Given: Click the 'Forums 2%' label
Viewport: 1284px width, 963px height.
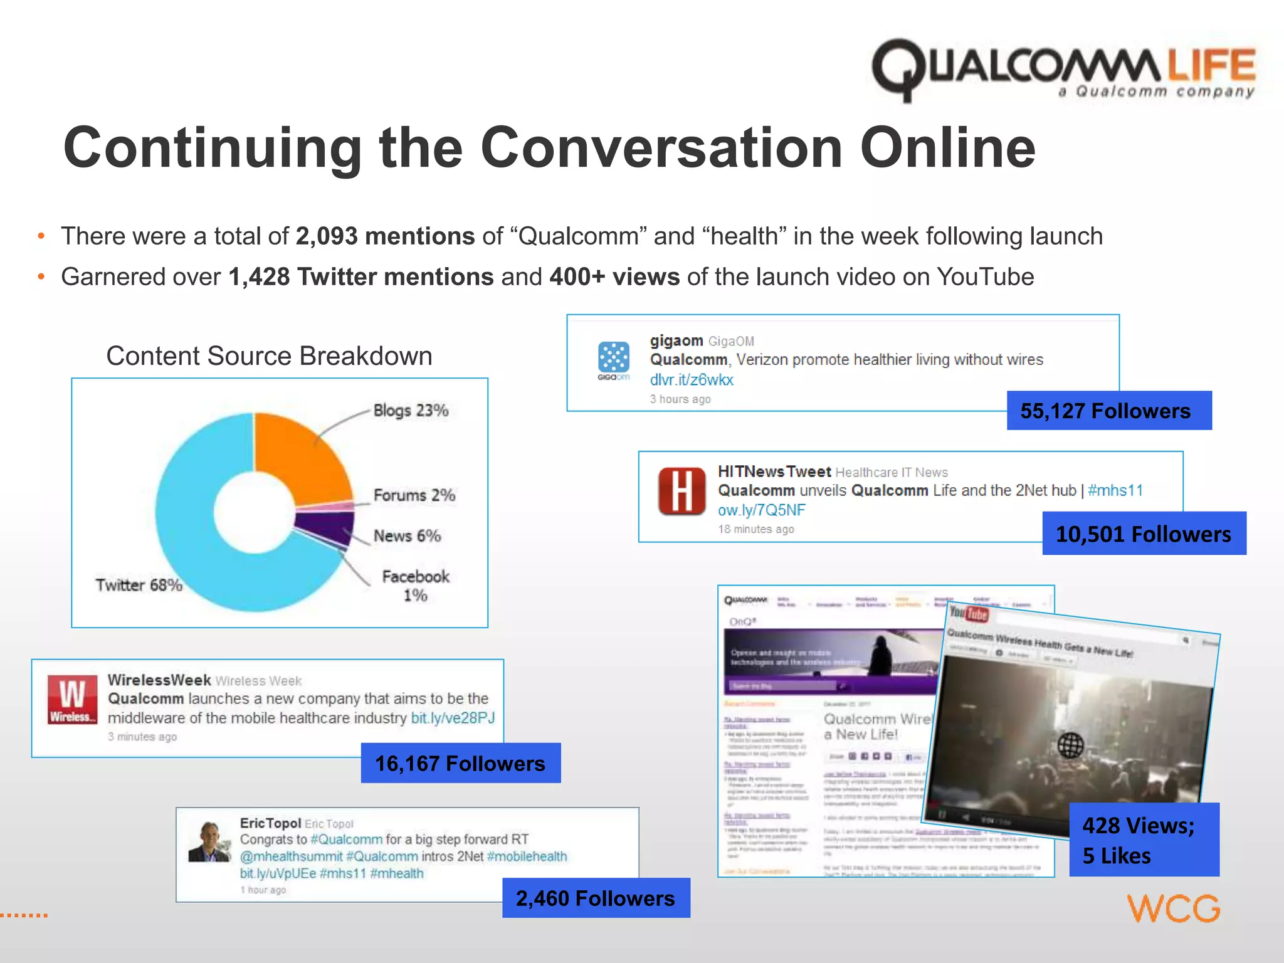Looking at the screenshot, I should pos(414,495).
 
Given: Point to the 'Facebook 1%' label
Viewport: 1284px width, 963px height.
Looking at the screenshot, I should pos(415,586).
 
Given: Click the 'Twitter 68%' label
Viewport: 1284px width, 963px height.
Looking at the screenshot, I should pos(139,585).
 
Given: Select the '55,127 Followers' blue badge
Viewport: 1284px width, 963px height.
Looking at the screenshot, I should pos(1108,411).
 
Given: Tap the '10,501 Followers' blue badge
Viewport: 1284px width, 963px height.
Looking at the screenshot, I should pos(1144,534).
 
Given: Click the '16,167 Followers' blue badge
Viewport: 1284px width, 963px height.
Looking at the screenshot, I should pos(460,763).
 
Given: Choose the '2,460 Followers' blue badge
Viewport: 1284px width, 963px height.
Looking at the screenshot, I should pos(596,898).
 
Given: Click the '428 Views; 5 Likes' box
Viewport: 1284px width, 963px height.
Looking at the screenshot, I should pos(1144,840).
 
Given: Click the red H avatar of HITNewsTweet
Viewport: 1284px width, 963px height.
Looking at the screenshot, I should pos(681,492).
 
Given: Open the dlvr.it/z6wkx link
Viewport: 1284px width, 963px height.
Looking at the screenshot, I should pos(691,380).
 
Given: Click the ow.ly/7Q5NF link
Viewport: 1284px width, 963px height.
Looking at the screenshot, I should pos(761,510).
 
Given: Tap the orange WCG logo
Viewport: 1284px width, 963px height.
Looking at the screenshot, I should pos(1174,908).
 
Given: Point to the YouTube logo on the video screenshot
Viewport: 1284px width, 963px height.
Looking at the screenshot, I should pos(969,613).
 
